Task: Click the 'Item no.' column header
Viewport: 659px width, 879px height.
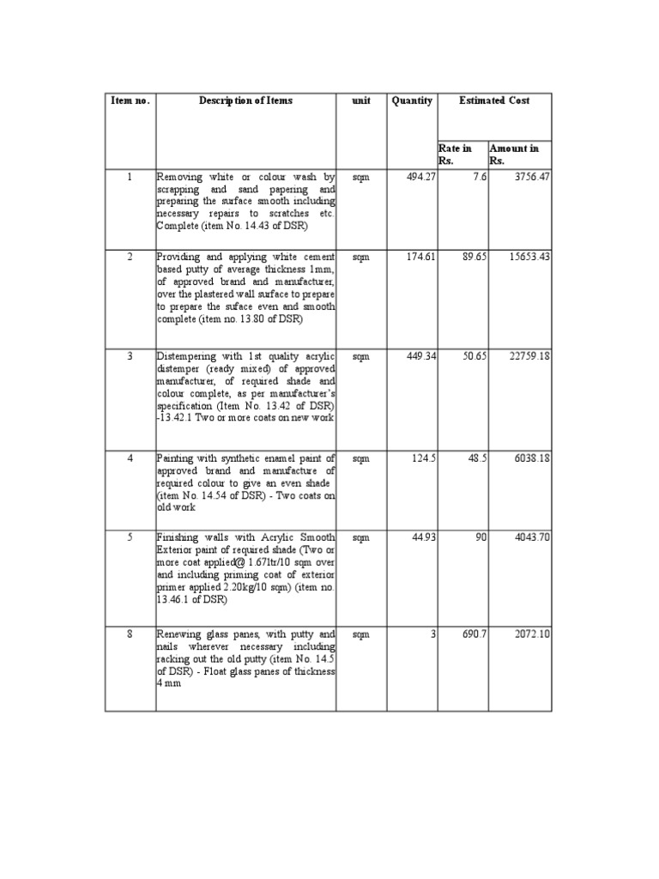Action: coord(130,101)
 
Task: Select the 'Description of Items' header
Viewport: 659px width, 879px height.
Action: coord(245,101)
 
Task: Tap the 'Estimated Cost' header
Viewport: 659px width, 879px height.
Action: coord(494,101)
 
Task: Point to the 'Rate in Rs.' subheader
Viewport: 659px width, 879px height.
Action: coord(455,155)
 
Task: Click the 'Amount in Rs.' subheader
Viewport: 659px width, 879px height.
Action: coord(513,155)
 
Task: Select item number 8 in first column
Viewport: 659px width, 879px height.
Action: coord(130,634)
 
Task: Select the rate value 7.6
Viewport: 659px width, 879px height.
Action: coord(479,177)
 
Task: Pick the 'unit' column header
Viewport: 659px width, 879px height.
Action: coord(360,101)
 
